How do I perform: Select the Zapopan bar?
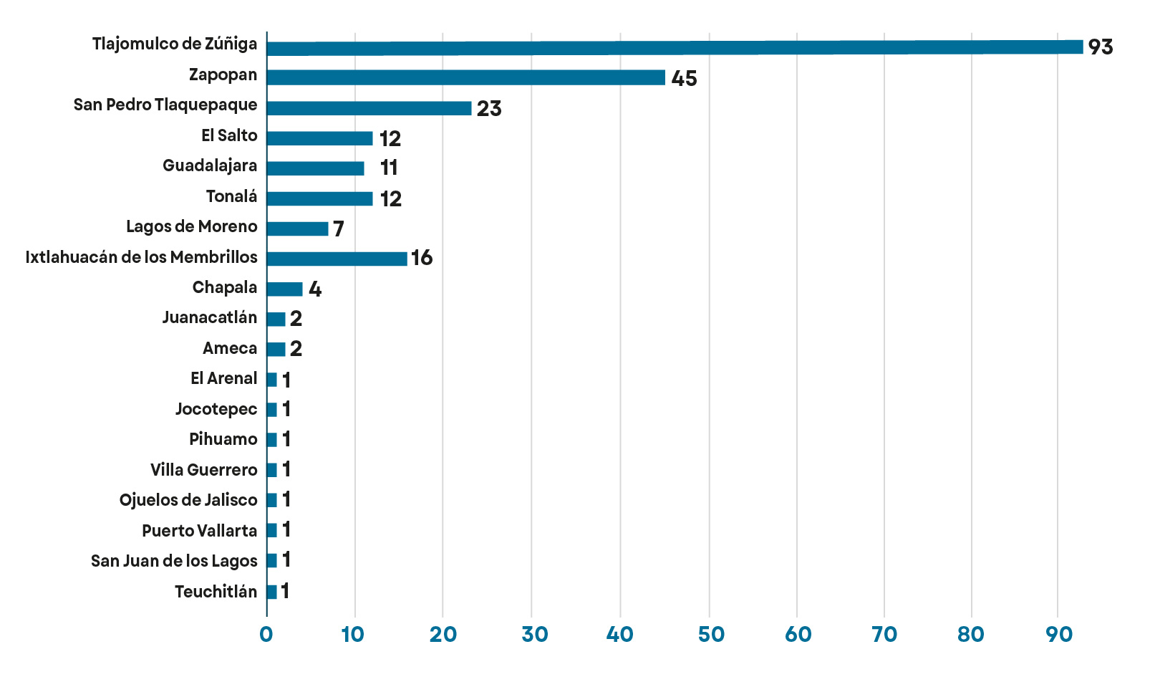465,77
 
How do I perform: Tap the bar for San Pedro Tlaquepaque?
369,108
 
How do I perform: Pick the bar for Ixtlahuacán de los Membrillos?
337,259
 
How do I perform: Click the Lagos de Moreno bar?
297,229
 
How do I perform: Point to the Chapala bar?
284,289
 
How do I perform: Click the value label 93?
1100,47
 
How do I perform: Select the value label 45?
684,78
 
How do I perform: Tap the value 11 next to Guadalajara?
389,168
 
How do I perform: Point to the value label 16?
422,258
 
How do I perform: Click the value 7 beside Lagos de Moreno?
339,229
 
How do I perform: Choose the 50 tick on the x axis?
710,635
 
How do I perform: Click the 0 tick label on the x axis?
266,635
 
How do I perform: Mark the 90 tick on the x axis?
1059,635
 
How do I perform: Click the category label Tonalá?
231,196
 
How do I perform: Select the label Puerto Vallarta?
199,531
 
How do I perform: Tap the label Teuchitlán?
216,592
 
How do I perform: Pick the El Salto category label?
229,135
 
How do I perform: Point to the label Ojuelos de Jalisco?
188,500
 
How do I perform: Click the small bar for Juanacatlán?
276,319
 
